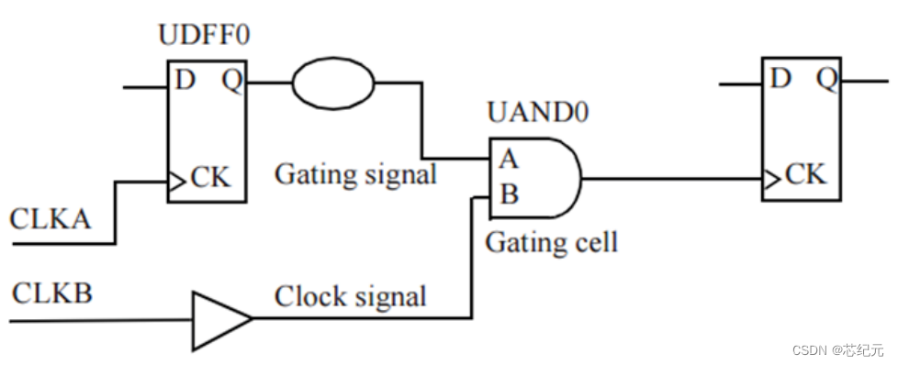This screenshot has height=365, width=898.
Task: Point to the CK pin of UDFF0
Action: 211,175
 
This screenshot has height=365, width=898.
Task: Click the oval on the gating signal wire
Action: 333,83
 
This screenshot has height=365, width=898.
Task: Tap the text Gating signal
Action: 355,173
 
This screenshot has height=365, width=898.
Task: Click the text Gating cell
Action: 551,242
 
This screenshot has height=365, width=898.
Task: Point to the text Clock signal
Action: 350,297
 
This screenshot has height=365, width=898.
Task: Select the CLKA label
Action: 51,220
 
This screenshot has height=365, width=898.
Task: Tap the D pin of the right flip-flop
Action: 780,79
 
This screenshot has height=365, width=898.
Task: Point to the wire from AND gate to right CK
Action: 670,178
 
